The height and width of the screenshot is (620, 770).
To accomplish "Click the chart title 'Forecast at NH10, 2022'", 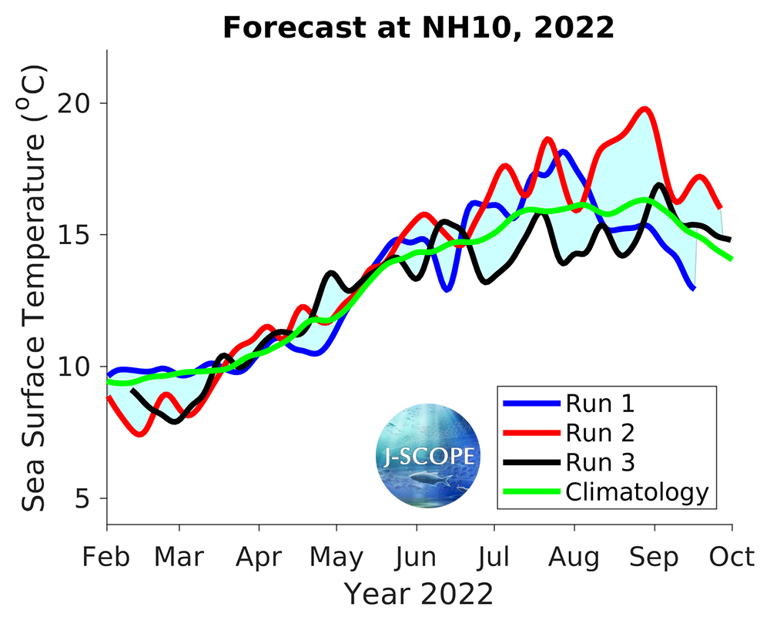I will [x=418, y=28].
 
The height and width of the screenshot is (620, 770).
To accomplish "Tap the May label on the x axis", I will [x=337, y=556].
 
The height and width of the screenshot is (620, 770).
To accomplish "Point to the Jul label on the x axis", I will [x=494, y=556].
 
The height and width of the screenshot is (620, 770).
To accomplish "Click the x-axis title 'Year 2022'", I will [x=418, y=595].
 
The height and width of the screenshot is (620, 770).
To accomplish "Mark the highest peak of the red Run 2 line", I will [x=645, y=109].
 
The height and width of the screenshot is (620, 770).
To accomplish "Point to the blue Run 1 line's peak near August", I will [x=563, y=152].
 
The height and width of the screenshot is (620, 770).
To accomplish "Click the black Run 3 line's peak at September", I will [x=659, y=184].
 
